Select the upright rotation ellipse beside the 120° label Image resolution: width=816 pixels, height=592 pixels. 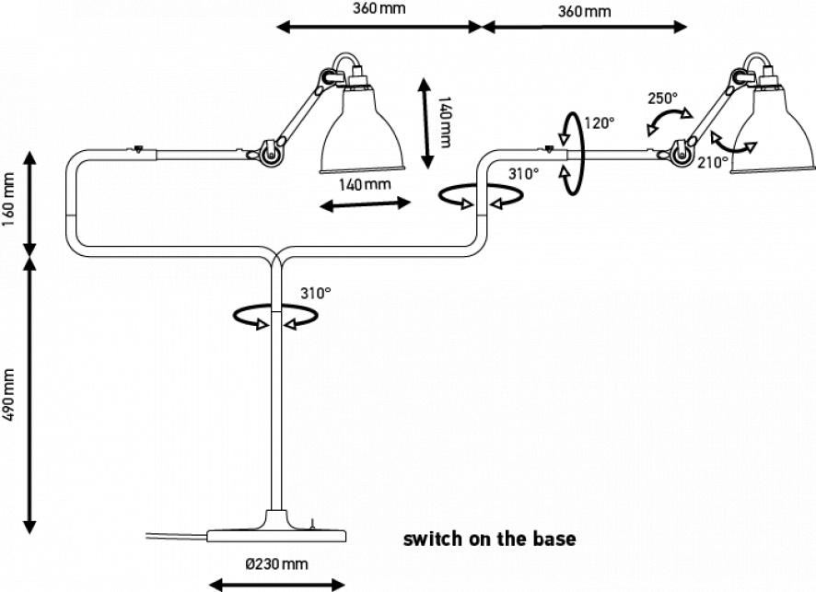tap(572, 153)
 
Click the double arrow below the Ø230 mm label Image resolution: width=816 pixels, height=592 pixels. tap(276, 582)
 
